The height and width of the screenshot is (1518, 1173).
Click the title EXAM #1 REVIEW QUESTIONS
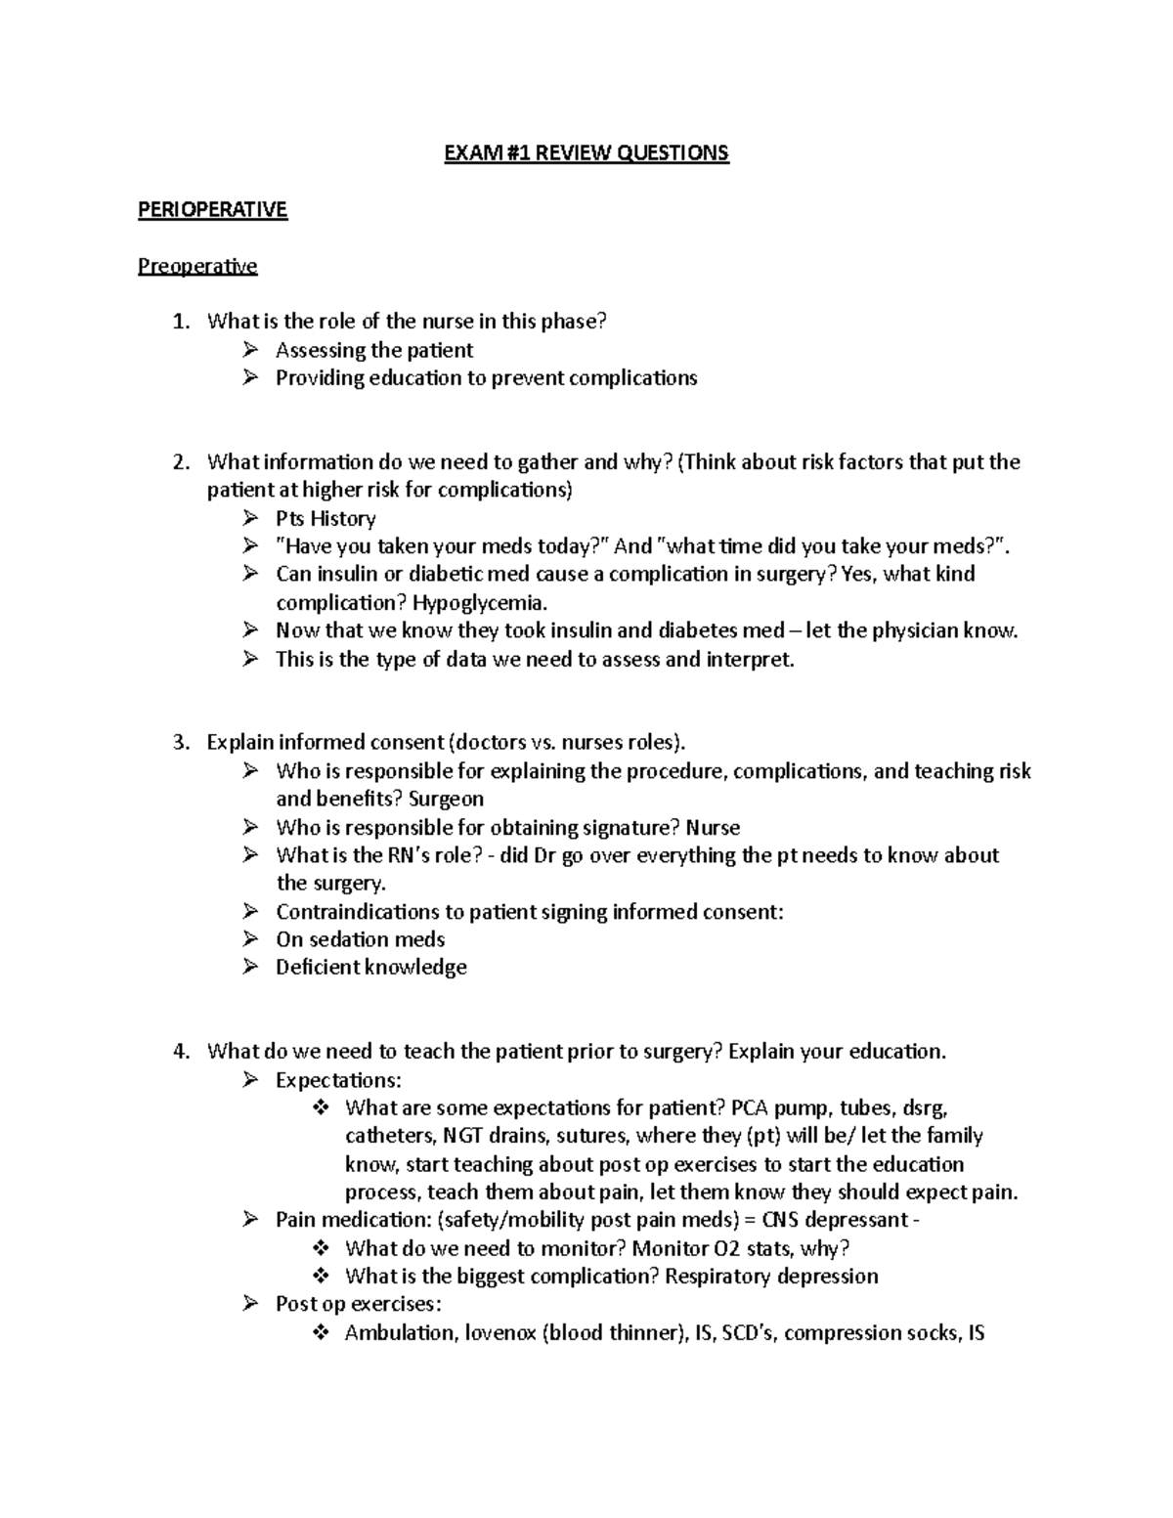[586, 153]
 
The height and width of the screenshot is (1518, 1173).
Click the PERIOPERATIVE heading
[212, 210]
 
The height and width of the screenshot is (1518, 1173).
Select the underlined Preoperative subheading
[197, 266]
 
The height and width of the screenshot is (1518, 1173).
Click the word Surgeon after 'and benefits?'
[447, 800]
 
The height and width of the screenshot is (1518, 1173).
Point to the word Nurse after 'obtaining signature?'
[713, 828]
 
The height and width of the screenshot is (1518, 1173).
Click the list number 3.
[179, 743]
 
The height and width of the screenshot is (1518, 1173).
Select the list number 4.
[179, 1053]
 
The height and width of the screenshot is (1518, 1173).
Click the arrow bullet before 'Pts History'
[251, 518]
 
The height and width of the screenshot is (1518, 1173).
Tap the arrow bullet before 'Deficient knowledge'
[251, 967]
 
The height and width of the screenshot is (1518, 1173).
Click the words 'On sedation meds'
[360, 939]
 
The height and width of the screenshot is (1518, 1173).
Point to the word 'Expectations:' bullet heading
[338, 1080]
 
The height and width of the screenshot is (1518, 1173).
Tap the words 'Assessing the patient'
[374, 350]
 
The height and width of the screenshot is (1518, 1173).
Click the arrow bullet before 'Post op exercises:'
[251, 1304]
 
